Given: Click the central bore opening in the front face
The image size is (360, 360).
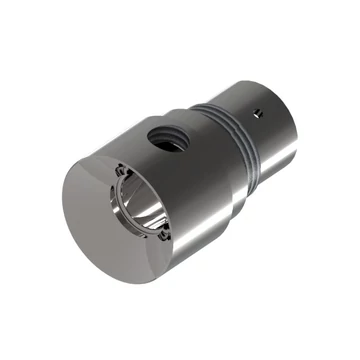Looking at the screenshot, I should click(x=139, y=206).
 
